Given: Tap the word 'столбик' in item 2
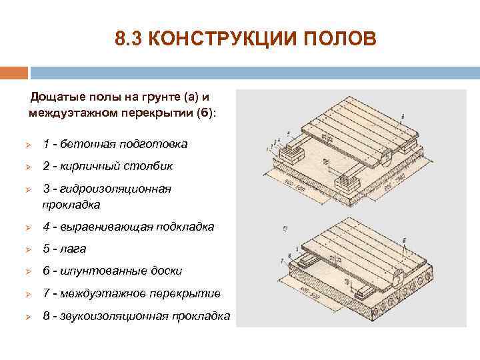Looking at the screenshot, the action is click(x=150, y=166).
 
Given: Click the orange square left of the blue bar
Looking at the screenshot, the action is click(x=14, y=72).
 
